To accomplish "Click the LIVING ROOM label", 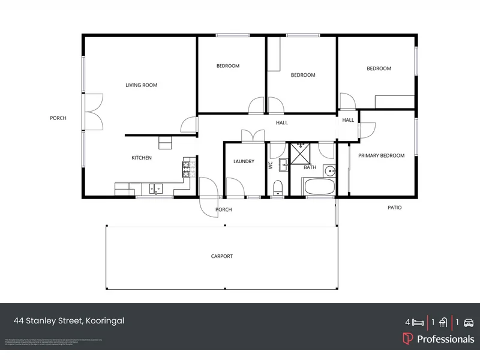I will point(141,85).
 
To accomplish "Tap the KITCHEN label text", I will point(142,158).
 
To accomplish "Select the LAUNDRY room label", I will point(244,161).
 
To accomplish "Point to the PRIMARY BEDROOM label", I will point(381,155).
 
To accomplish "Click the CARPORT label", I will point(221,256).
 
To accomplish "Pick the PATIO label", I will point(394,208).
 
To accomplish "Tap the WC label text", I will point(271,165).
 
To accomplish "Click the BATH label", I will point(310,167).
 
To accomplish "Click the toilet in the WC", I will point(277,190).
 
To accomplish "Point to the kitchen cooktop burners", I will point(186,165).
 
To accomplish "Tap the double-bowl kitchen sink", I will point(155,188).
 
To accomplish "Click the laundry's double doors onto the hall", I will point(249,136).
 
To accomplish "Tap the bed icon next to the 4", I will point(418,322).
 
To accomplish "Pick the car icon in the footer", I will point(469,322).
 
